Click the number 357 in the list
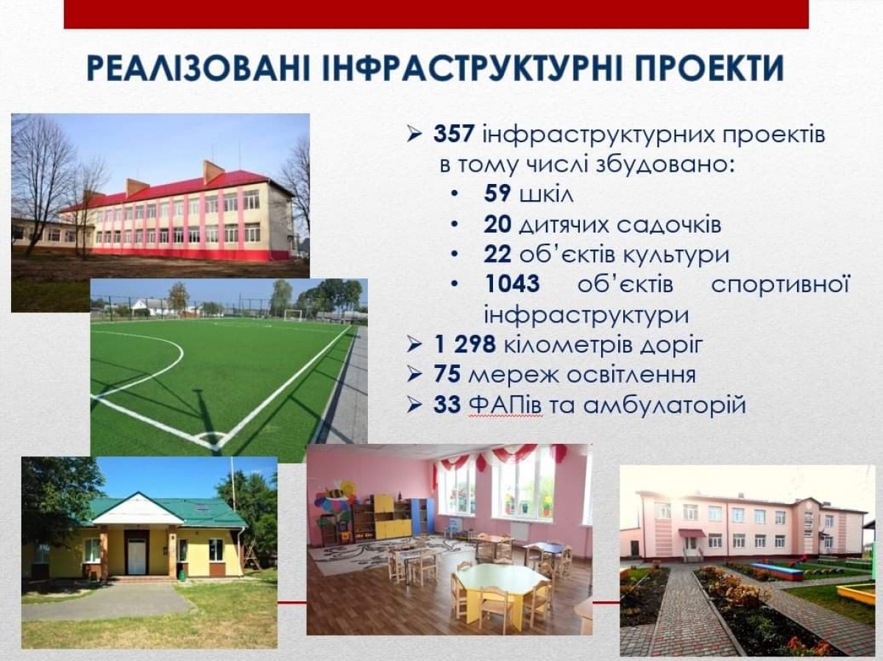click(453, 133)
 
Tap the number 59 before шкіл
click(497, 193)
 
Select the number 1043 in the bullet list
click(512, 283)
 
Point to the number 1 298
click(464, 344)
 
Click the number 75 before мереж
click(447, 375)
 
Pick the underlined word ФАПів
click(506, 405)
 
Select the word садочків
click(669, 224)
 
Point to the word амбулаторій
click(664, 406)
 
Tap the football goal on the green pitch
click(293, 314)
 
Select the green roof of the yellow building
click(169, 510)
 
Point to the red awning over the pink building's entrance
click(692, 533)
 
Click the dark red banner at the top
click(436, 14)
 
